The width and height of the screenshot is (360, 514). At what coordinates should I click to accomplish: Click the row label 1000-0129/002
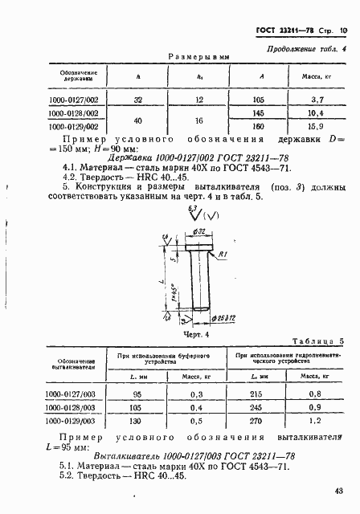[x=73, y=126]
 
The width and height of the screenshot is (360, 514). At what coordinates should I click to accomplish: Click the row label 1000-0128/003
[x=73, y=406]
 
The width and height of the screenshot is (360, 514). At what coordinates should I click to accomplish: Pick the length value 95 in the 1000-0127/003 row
[x=135, y=394]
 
